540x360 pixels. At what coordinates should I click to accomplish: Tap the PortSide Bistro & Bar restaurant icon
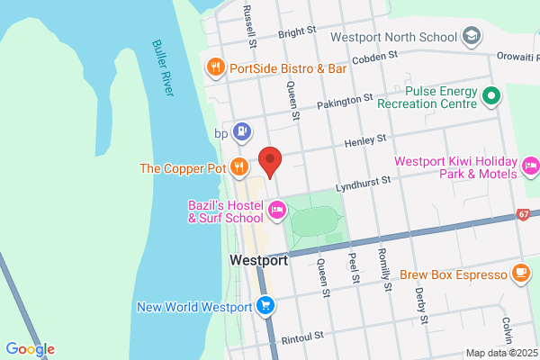215,67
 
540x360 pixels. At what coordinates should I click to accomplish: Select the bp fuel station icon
241,132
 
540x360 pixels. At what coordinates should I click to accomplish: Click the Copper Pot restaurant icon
238,166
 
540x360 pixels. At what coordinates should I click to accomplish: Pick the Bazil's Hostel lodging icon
277,211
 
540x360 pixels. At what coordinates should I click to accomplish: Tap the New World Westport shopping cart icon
265,306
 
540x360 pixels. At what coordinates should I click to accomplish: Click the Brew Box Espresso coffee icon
520,273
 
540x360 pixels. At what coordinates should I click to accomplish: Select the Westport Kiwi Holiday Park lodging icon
531,166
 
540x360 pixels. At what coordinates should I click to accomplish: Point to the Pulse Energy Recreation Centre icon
491,94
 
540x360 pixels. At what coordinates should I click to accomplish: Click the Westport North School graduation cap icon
471,37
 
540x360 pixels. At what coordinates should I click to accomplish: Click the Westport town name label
258,260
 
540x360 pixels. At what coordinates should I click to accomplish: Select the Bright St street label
298,31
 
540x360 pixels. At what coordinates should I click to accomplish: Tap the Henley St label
368,140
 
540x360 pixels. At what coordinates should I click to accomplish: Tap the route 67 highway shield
524,214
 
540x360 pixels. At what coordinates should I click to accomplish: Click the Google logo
30,348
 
